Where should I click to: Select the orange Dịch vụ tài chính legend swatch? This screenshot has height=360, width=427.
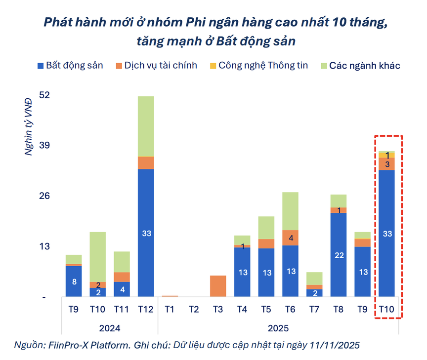119,65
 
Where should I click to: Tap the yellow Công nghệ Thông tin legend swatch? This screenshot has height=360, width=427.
213,65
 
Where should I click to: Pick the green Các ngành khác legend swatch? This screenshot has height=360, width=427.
324,65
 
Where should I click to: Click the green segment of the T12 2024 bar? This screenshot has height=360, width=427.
146,126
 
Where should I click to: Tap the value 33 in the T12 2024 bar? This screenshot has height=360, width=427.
146,234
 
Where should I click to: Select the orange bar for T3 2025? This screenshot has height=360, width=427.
218,286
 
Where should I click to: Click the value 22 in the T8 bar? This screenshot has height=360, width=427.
339,255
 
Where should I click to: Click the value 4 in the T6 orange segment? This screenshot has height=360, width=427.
291,238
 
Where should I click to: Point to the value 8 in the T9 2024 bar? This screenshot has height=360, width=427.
74,282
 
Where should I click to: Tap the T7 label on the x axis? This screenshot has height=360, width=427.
314,309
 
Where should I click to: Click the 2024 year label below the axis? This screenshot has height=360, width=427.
109,327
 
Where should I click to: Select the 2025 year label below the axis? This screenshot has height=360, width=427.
278,327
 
